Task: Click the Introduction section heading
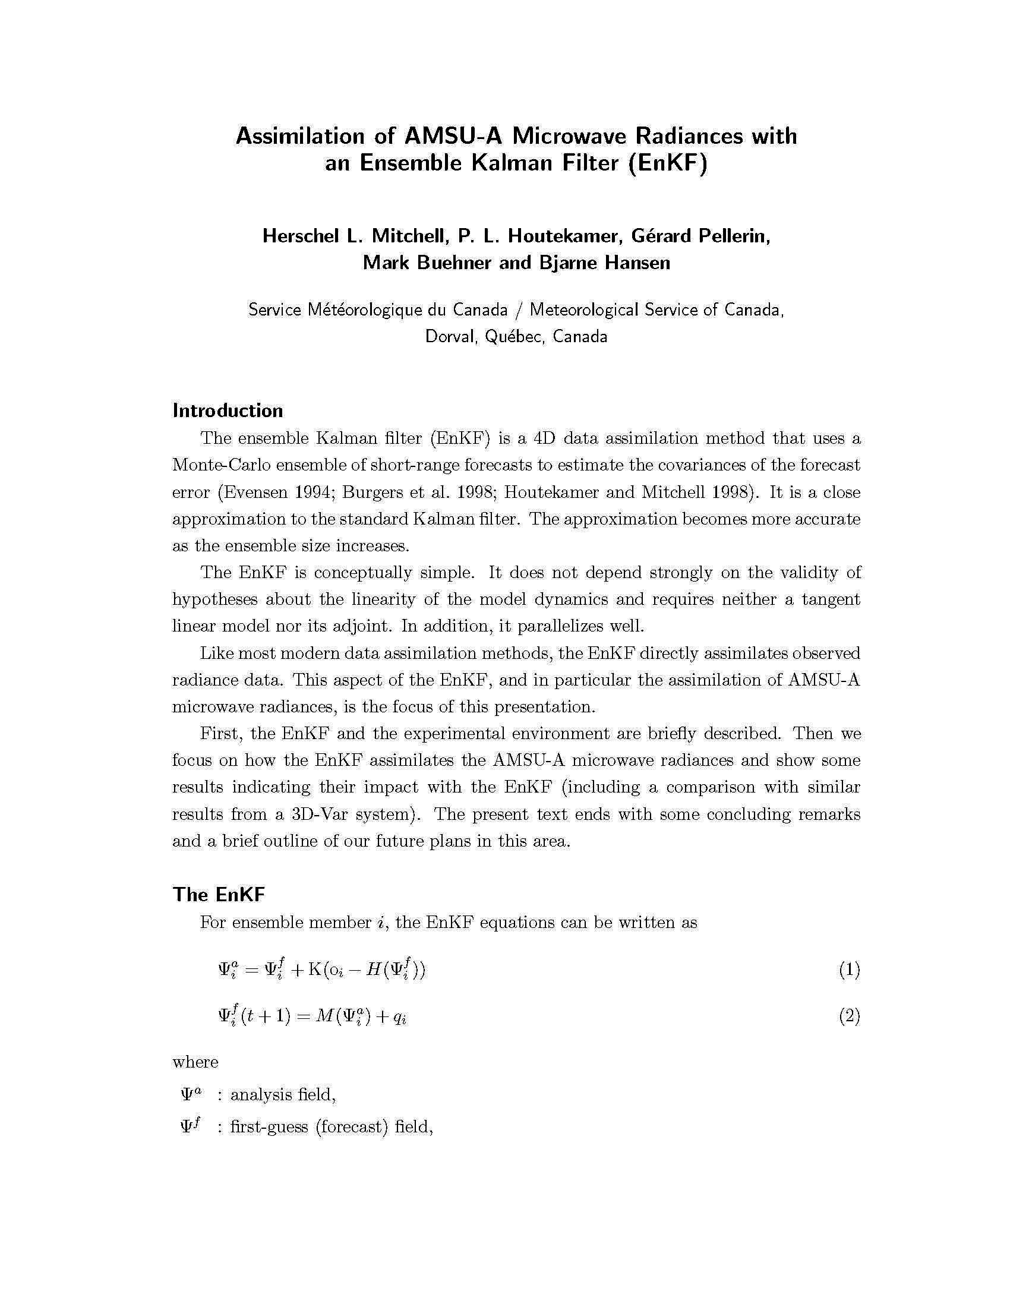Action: [x=228, y=411]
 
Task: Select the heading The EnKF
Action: [x=219, y=895]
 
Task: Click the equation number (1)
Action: [x=849, y=970]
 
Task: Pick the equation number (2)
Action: [x=849, y=1016]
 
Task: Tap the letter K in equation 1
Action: [x=315, y=970]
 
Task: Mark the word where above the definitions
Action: [x=195, y=1062]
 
